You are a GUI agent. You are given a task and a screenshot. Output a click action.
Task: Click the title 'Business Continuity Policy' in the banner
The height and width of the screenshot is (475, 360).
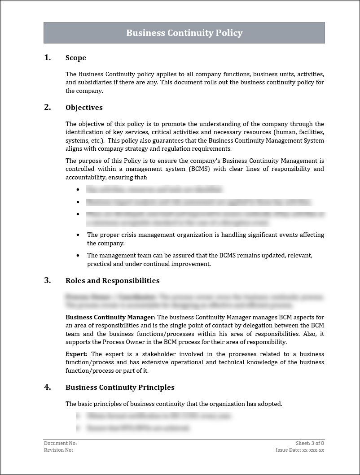[184, 33]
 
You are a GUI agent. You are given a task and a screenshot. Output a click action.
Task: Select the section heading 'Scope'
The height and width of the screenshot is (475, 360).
[76, 58]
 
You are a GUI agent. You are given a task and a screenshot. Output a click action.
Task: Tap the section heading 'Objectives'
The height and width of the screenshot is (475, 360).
[84, 108]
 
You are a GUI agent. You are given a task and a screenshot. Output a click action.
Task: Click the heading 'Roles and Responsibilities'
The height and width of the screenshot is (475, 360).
[112, 281]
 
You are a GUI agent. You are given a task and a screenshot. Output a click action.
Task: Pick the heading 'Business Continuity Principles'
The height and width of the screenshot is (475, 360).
[120, 388]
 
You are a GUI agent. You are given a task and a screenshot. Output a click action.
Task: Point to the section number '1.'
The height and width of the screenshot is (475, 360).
[48, 57]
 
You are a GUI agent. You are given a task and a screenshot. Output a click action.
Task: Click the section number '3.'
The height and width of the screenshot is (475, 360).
[48, 280]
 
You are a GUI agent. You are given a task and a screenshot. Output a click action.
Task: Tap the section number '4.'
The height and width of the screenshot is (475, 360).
[48, 387]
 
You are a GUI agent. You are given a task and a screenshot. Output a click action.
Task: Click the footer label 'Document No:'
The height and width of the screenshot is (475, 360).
[60, 443]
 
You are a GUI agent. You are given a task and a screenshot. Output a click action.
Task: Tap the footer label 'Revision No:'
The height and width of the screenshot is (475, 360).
[58, 450]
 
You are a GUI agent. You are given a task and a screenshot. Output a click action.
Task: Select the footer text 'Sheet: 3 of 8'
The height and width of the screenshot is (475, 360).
[310, 443]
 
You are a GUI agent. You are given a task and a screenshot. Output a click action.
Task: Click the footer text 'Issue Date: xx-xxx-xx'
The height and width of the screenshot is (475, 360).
[300, 450]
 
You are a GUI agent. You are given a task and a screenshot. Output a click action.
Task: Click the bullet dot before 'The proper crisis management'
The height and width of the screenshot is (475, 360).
[78, 235]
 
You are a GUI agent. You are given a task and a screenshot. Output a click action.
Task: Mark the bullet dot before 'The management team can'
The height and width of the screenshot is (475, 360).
[78, 255]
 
